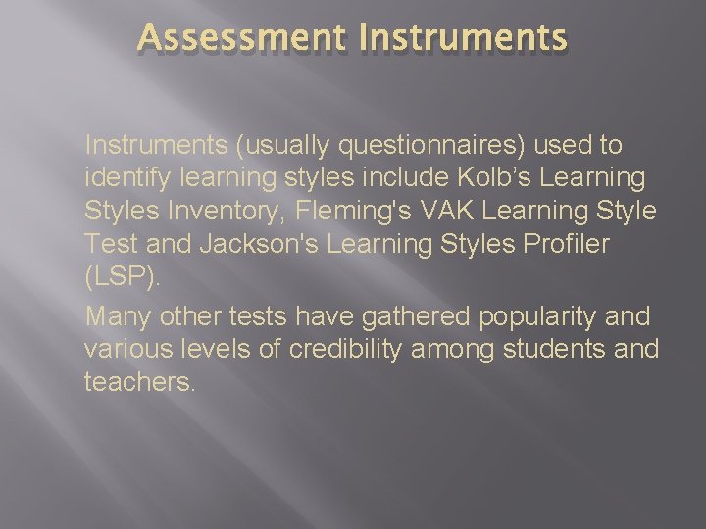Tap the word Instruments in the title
(x=463, y=38)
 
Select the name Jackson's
(x=259, y=245)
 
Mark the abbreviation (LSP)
(x=121, y=278)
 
